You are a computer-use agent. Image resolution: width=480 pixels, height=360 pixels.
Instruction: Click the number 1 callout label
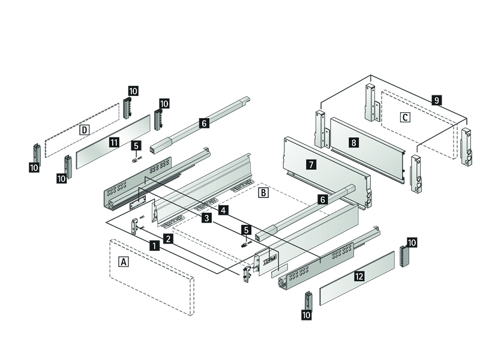pos(154,245)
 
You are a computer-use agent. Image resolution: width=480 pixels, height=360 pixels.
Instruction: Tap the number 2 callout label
pos(169,239)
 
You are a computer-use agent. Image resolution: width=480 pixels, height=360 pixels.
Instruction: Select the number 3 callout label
pos(206,218)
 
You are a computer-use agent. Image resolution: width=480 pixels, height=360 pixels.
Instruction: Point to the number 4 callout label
pos(223,210)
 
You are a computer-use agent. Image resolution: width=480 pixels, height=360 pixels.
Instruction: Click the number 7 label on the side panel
pos(310,163)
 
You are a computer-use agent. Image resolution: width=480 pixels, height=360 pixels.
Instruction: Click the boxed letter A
pos(124,262)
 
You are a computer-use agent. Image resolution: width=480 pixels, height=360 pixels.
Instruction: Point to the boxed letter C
pos(406,117)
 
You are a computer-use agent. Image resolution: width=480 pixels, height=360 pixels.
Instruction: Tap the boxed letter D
pos(85,130)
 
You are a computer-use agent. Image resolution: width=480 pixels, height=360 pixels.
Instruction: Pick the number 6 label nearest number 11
pos(203,123)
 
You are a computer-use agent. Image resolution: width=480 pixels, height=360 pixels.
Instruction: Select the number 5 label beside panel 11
pos(136,145)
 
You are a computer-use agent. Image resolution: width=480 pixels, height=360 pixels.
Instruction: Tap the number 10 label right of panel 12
pos(411,242)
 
